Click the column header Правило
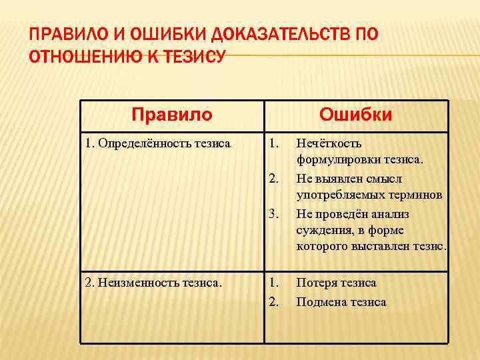coord(172,115)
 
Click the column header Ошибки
coord(355,115)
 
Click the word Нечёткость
coord(329,143)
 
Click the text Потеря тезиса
coord(336,283)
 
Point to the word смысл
coord(385,179)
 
